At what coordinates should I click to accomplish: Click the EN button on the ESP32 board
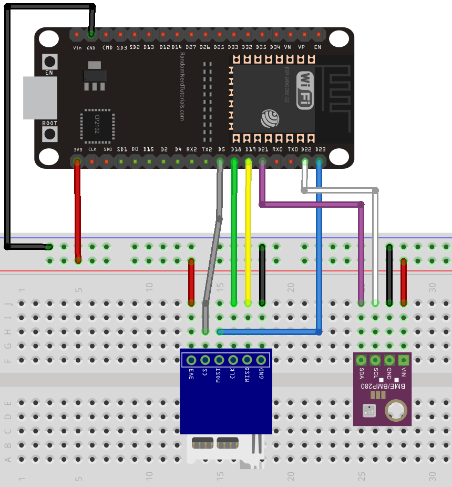[x=50, y=60]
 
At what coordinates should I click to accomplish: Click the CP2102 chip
[x=97, y=127]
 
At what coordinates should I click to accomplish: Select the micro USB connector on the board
[x=39, y=98]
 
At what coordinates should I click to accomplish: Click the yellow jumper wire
[x=248, y=237]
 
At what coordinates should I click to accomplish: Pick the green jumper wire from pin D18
[x=234, y=237]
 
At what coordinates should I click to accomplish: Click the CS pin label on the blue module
[x=205, y=374]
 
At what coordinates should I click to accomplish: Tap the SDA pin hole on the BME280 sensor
[x=361, y=360]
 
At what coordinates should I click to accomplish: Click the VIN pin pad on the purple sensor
[x=404, y=360]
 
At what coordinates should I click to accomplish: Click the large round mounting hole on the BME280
[x=395, y=410]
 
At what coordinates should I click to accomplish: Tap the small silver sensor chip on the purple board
[x=369, y=410]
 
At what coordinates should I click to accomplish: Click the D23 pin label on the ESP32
[x=320, y=150]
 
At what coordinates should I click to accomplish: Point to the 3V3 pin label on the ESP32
[x=77, y=150]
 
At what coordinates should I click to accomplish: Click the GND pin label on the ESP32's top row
[x=91, y=48]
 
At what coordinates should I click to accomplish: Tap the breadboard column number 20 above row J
[x=291, y=288]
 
